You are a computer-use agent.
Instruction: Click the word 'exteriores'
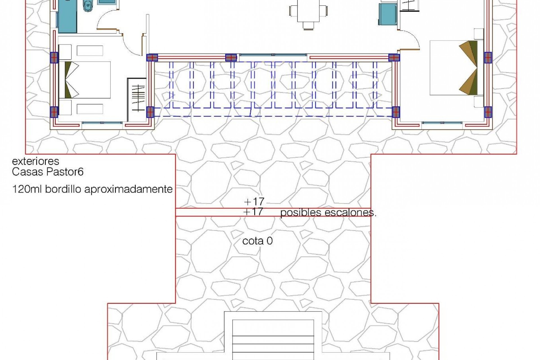[35, 161]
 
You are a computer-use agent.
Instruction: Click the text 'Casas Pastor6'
[48, 172]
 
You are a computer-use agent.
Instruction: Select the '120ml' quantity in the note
[27, 189]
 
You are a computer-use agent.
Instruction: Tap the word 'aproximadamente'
[128, 189]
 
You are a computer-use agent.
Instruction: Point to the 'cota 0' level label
[257, 241]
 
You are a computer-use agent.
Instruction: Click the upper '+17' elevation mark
[254, 201]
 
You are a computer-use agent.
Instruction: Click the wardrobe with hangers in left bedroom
[137, 98]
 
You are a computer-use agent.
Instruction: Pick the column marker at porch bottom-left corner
[150, 112]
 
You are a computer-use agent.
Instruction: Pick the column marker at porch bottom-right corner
[396, 112]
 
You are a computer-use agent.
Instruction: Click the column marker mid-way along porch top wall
[231, 58]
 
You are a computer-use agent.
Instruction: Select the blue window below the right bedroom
[442, 123]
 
